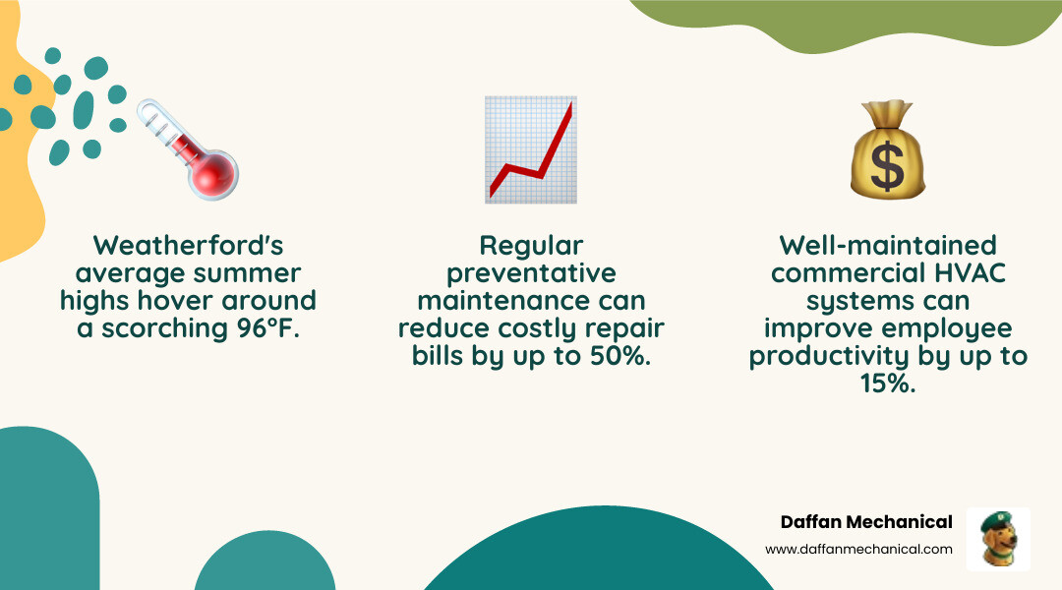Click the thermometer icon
(x=188, y=147)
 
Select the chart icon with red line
(x=531, y=149)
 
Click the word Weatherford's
(x=188, y=245)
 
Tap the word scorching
(x=162, y=328)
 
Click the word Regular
(x=531, y=245)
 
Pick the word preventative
(x=531, y=272)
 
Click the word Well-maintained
(x=888, y=245)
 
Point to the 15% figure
(x=888, y=383)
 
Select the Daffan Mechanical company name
(x=866, y=522)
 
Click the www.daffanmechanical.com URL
(x=858, y=549)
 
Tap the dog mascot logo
(x=998, y=539)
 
